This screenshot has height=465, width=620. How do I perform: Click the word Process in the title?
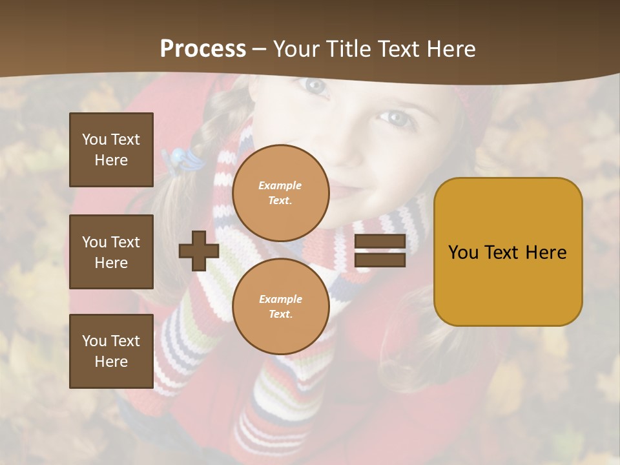tap(203, 49)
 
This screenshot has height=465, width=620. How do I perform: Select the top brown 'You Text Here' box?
tap(111, 150)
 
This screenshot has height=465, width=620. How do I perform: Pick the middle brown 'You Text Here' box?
tap(111, 252)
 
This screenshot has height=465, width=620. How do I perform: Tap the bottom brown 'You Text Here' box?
tap(111, 351)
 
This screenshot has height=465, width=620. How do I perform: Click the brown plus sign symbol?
tap(199, 251)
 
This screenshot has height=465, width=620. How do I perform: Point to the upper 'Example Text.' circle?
tap(281, 193)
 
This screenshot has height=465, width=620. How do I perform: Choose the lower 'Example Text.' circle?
tap(281, 307)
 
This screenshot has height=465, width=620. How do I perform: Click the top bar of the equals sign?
tap(380, 242)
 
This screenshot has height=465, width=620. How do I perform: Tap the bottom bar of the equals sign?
tap(380, 260)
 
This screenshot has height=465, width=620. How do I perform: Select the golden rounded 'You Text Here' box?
tap(508, 252)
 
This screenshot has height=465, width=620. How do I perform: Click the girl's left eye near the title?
tap(315, 85)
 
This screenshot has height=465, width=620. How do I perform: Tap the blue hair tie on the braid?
tap(175, 158)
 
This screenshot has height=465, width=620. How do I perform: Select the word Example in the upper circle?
tap(280, 185)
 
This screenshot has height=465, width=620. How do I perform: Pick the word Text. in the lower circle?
tap(280, 315)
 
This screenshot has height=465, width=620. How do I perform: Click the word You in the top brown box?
tap(94, 139)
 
